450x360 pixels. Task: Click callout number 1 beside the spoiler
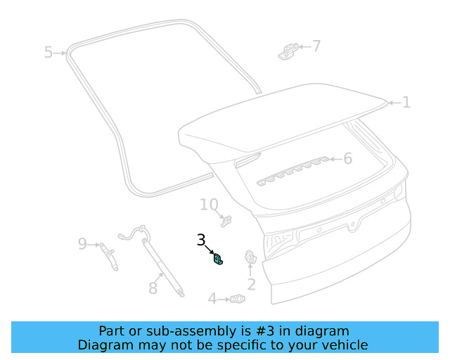coord(406,103)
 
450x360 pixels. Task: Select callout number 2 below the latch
coord(251,284)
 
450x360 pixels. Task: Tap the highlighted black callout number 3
coord(201,240)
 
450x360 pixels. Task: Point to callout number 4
coord(212,299)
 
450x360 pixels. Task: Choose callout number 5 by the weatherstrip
coord(49,52)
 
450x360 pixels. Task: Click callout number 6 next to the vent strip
coord(347,159)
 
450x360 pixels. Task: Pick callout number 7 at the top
coord(316,46)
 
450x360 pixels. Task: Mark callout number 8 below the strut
coord(153,288)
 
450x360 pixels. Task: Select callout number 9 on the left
coord(82,244)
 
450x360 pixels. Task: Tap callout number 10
coord(209,205)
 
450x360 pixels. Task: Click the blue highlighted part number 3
coord(219,259)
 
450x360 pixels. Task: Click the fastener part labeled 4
coord(237,300)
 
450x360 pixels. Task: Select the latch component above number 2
coord(250,258)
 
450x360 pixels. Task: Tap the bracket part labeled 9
coord(108,255)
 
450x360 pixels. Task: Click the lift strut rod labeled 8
coord(161,264)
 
